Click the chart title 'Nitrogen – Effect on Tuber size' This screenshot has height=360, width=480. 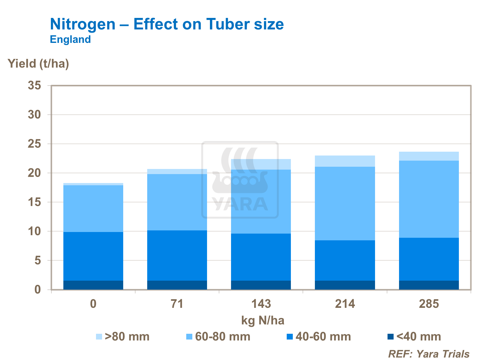pyautogui.click(x=167, y=24)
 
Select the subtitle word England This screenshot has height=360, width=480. pyautogui.click(x=70, y=40)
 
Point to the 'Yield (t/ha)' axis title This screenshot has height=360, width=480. pyautogui.click(x=38, y=64)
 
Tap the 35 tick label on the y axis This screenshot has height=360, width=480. pyautogui.click(x=34, y=86)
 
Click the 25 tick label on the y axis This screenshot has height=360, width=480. pyautogui.click(x=34, y=144)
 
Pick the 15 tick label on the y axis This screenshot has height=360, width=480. pyautogui.click(x=34, y=202)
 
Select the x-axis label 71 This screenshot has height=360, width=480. pyautogui.click(x=177, y=304)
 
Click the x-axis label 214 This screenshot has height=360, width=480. pyautogui.click(x=345, y=304)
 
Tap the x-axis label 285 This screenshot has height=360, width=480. pyautogui.click(x=429, y=304)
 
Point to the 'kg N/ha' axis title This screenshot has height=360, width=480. pyautogui.click(x=262, y=320)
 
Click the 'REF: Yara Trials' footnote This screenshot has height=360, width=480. pyautogui.click(x=429, y=354)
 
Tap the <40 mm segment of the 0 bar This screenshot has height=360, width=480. pyautogui.click(x=93, y=285)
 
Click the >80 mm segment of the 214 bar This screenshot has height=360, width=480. pyautogui.click(x=345, y=161)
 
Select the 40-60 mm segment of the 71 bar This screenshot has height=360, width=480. pyautogui.click(x=177, y=255)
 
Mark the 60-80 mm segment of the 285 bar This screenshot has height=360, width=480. pyautogui.click(x=429, y=199)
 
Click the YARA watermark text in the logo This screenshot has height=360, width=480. pyautogui.click(x=240, y=204)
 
